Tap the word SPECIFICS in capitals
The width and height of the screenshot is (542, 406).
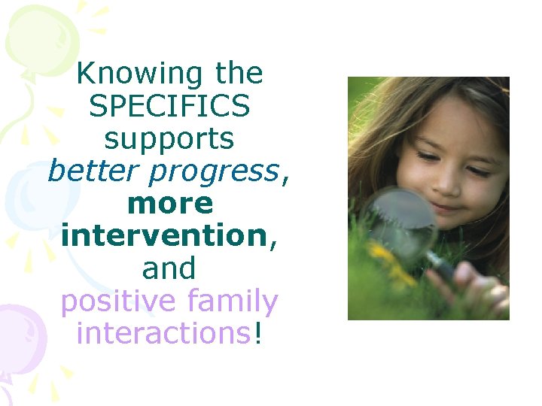[169, 107]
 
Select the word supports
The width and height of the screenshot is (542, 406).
[169, 140]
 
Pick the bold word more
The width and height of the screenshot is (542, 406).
[170, 204]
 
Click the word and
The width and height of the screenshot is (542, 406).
[169, 268]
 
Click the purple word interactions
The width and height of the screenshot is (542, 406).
[163, 333]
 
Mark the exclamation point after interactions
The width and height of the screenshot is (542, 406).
[259, 333]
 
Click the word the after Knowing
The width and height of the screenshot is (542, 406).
[239, 74]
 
